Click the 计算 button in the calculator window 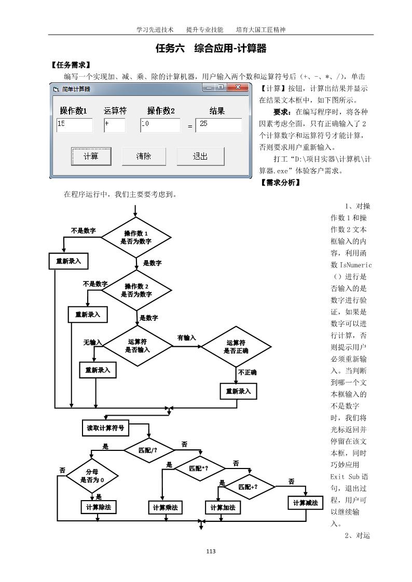[91, 156]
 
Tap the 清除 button [144, 156]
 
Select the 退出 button [200, 156]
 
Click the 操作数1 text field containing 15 [74, 125]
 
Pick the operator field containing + [114, 125]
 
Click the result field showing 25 [218, 125]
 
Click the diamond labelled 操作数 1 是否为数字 [136, 237]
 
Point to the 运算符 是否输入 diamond [138, 346]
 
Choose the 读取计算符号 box [105, 428]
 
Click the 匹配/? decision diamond [148, 449]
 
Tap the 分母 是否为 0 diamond [92, 476]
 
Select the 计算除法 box [98, 507]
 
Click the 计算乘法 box [165, 508]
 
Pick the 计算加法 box [223, 508]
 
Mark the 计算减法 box [305, 503]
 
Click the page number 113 [210, 551]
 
